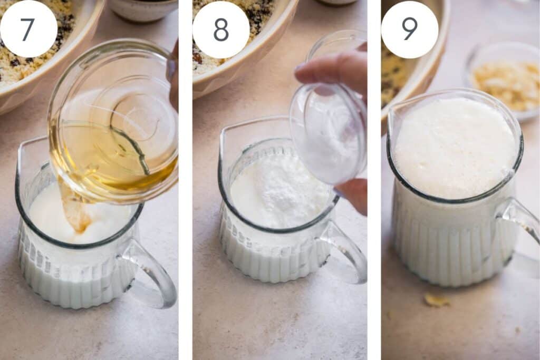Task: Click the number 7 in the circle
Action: [x=27, y=29]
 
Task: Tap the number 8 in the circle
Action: [x=221, y=30]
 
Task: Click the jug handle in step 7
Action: [x=151, y=272]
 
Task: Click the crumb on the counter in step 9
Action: [x=436, y=300]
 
